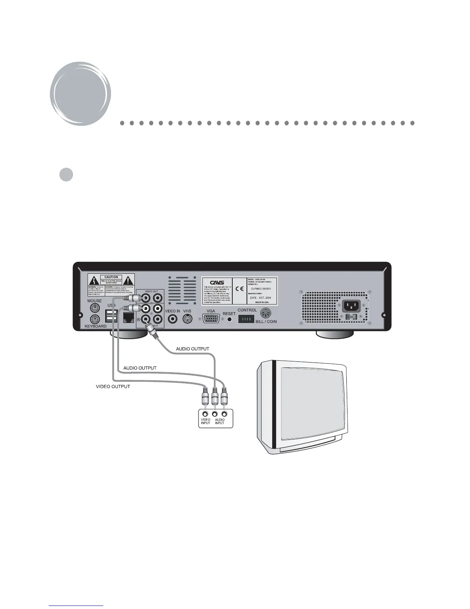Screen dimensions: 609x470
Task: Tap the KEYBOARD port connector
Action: click(94, 319)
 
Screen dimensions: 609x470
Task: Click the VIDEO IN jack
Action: click(172, 319)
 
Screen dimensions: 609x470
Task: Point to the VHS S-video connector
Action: click(187, 319)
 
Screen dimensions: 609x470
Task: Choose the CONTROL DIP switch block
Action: click(246, 319)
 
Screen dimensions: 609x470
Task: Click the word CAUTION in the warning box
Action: click(111, 277)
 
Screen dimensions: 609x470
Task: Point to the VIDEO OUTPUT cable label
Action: click(113, 387)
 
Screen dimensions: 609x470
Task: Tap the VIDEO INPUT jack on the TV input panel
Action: click(205, 414)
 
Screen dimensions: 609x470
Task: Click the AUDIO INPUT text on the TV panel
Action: click(220, 421)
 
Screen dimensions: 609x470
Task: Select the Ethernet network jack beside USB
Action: click(127, 318)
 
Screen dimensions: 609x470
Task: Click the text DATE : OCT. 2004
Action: click(260, 298)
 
